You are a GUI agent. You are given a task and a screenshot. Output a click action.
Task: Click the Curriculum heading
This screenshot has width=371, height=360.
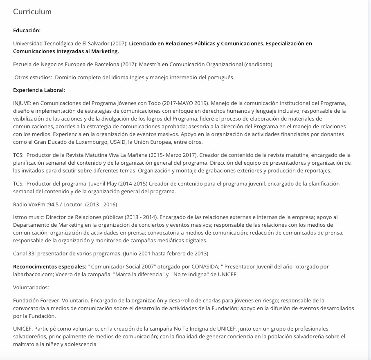click(x=32, y=12)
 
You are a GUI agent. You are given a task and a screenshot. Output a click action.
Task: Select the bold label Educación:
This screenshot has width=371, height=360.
click(x=27, y=30)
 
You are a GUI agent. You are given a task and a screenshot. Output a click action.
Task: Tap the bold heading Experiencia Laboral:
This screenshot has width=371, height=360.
click(x=39, y=90)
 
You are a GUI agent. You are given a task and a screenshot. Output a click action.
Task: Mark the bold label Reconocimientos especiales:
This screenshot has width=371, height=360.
click(x=49, y=266)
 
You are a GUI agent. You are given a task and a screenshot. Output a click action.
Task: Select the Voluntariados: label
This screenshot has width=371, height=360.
click(x=31, y=287)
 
